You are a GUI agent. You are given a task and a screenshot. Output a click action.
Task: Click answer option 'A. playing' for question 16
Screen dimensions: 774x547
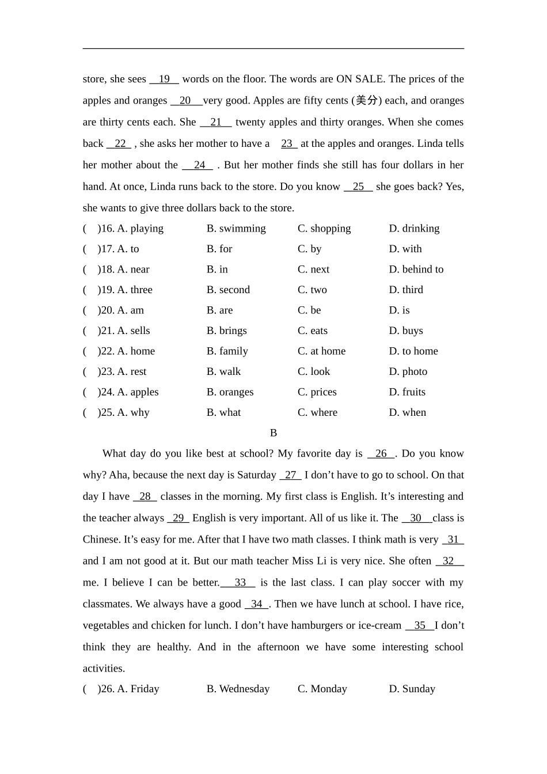[140, 229]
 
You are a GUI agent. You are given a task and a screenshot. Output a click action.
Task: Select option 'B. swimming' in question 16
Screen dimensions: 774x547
[236, 229]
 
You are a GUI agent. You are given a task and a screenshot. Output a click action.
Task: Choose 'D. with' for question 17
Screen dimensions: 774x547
[405, 249]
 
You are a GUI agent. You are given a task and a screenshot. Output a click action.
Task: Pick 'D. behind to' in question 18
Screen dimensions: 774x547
[416, 270]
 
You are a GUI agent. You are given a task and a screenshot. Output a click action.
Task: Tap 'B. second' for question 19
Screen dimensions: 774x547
[228, 290]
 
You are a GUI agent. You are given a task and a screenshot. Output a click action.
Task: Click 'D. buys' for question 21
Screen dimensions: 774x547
[406, 331]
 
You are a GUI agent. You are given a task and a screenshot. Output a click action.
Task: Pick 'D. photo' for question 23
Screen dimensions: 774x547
[408, 371]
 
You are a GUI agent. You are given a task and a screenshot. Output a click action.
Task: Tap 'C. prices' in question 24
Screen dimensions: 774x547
[317, 392]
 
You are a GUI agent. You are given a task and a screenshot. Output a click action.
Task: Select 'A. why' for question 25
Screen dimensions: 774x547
[133, 412]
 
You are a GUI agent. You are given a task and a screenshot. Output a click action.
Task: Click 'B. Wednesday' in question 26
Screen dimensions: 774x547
[238, 689]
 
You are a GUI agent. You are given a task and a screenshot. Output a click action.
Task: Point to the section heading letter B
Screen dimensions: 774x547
[273, 433]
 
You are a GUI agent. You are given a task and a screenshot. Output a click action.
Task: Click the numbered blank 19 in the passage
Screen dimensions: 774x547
[164, 79]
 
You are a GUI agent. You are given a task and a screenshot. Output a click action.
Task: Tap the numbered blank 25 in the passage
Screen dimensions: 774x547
[358, 187]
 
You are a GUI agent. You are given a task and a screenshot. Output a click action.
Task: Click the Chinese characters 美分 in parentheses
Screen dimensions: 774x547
[366, 101]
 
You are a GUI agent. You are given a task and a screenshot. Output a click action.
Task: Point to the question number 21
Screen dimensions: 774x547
[107, 331]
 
